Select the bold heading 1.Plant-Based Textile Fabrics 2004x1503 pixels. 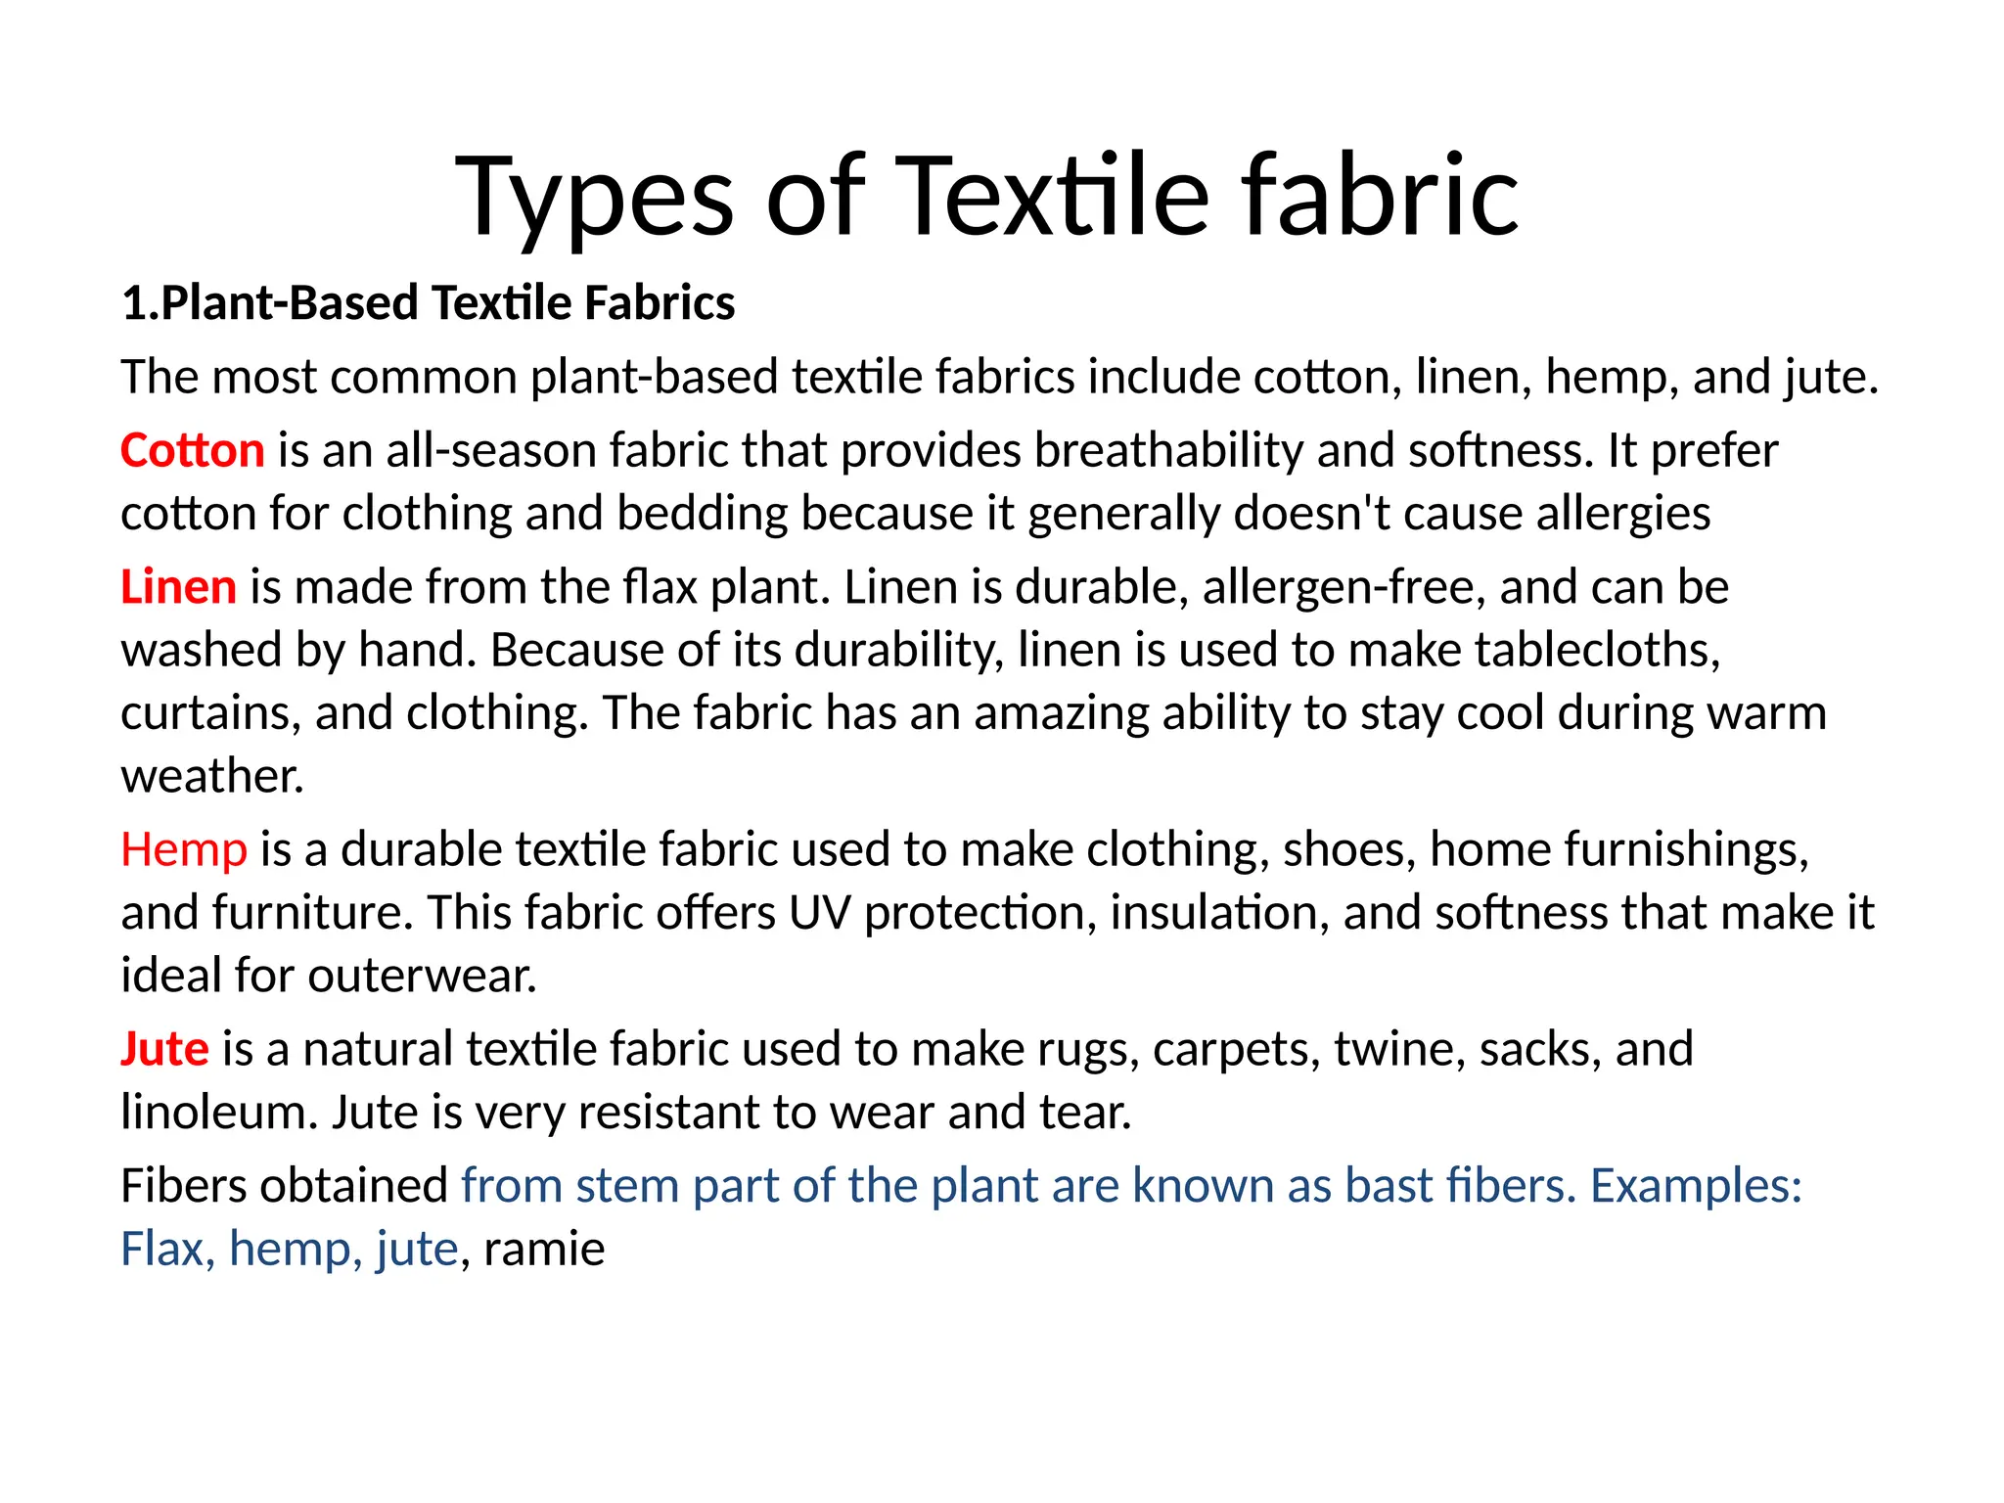pos(428,302)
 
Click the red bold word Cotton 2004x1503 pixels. pos(193,451)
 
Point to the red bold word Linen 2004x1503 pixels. pos(178,587)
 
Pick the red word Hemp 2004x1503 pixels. pos(184,849)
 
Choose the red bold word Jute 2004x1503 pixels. pos(164,1049)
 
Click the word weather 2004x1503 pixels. pos(212,777)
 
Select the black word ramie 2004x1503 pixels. pos(544,1250)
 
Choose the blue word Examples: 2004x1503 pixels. pos(1696,1186)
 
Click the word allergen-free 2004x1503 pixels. pos(1344,587)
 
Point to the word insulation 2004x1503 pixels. pos(1219,913)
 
